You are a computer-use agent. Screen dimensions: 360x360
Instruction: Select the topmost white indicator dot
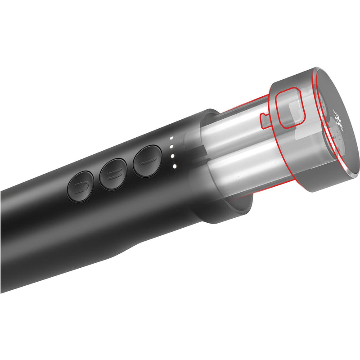[x=171, y=138]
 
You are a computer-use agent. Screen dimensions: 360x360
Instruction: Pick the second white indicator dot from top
[x=171, y=147]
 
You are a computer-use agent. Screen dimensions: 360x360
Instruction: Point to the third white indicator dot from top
[x=172, y=156]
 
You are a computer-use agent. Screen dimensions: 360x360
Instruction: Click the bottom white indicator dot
[x=173, y=166]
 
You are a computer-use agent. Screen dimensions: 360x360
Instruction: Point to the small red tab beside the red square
[x=264, y=119]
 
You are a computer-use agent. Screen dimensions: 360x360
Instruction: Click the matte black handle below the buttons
[x=81, y=234]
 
